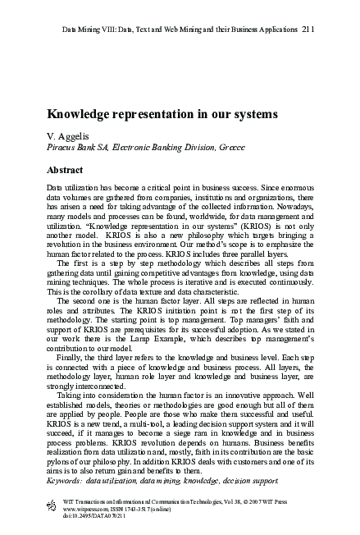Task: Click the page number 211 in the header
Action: coord(307,30)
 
